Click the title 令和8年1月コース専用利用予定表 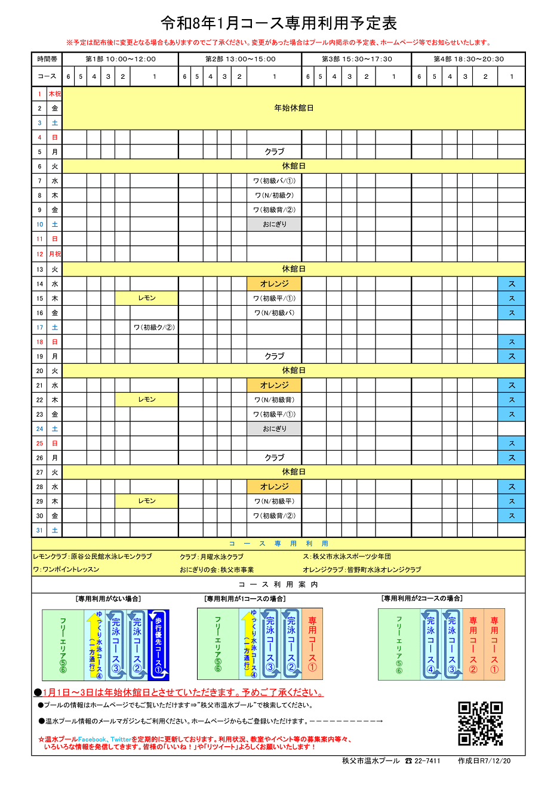tap(278, 23)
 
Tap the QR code tap(480, 724)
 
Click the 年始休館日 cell tap(294, 108)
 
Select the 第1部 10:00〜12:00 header tap(120, 59)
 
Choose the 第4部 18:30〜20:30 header tap(468, 59)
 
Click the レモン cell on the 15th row tap(147, 298)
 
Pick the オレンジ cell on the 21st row tap(274, 385)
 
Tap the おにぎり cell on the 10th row tap(274, 224)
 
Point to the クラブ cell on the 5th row tap(274, 152)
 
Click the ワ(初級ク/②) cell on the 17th tap(154, 327)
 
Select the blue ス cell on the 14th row tap(511, 284)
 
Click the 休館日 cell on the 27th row tap(294, 472)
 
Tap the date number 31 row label tap(39, 530)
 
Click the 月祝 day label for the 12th tap(54, 254)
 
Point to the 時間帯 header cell tap(47, 59)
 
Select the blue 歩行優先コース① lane tap(159, 645)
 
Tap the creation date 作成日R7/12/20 tap(484, 761)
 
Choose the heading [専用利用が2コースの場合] tap(421, 598)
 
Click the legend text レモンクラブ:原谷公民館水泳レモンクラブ tap(93, 556)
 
